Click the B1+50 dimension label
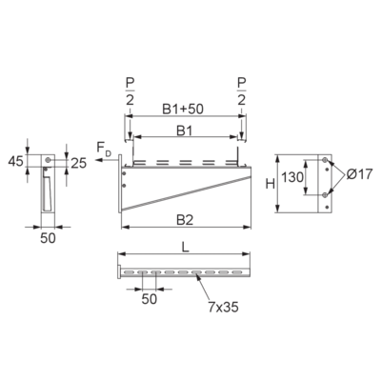(x=183, y=109)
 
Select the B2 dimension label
(x=185, y=220)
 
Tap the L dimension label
(x=186, y=248)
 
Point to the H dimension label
(x=271, y=184)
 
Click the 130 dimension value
(x=292, y=177)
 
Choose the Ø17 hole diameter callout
(x=359, y=174)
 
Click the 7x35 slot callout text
(x=223, y=307)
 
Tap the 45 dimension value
(x=16, y=161)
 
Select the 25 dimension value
(x=78, y=163)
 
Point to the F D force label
(x=104, y=149)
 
